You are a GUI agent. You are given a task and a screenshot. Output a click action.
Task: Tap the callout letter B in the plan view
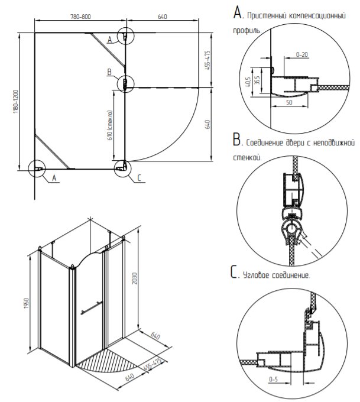tap(109, 72)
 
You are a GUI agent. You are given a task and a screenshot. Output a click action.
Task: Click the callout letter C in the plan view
tap(140, 178)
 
